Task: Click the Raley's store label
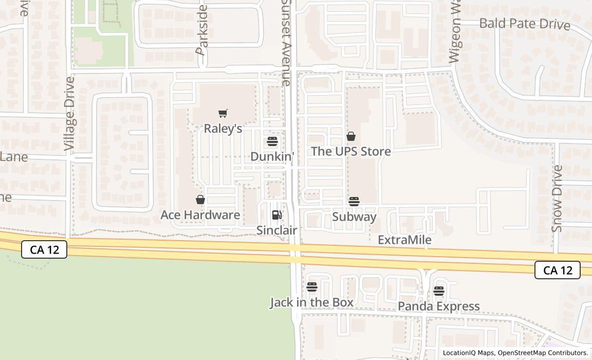(223, 128)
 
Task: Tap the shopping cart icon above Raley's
(223, 114)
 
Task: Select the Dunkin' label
(272, 156)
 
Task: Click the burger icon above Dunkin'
(272, 142)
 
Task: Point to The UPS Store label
(351, 151)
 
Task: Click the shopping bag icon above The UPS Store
(351, 136)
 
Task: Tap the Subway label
(354, 217)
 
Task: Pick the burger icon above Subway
(354, 202)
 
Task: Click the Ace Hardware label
(200, 214)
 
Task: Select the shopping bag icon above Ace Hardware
(200, 200)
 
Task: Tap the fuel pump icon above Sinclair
(276, 215)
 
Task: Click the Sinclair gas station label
(276, 230)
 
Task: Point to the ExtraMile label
(404, 240)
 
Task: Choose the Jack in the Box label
(312, 302)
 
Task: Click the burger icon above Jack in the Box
(312, 287)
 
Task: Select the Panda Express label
(439, 307)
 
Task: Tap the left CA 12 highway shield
(44, 250)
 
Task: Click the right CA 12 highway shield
(558, 270)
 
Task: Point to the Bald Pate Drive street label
(525, 24)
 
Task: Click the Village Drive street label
(70, 114)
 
